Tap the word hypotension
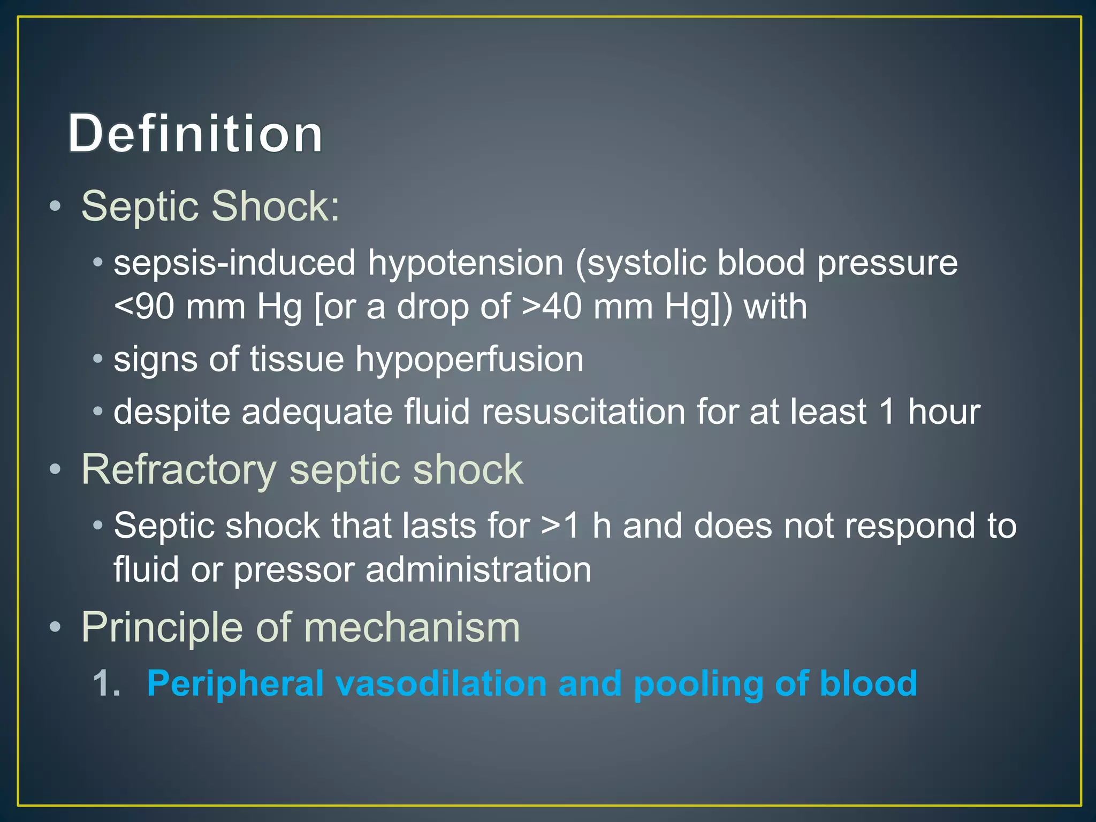[x=465, y=263]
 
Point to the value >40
[x=551, y=307]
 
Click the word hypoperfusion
[x=469, y=360]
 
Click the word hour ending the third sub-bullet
[x=944, y=412]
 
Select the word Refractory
[x=179, y=470]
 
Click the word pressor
[x=293, y=569]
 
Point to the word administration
[x=478, y=569]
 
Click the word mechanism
[x=412, y=627]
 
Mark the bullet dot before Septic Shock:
[x=55, y=207]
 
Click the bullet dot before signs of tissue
[x=97, y=359]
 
